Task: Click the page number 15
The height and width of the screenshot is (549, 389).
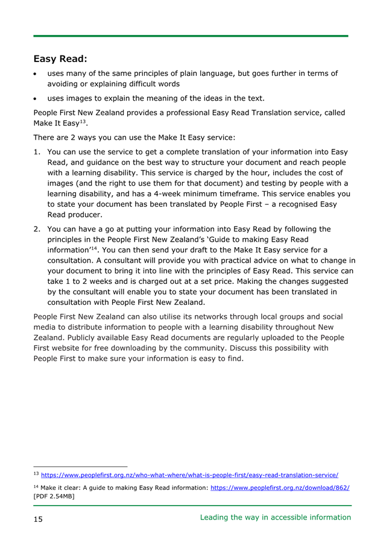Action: (x=38, y=518)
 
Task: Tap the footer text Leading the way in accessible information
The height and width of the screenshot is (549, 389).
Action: (x=275, y=517)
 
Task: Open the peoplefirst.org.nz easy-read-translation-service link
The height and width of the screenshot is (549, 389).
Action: (x=189, y=475)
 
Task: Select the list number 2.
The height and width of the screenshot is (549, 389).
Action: (x=37, y=229)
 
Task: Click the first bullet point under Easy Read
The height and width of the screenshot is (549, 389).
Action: (x=37, y=74)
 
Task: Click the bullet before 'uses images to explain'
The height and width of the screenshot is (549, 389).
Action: (x=37, y=98)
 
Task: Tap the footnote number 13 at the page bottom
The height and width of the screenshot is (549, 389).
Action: (x=36, y=474)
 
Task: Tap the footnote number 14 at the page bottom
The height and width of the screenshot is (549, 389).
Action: (x=36, y=486)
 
